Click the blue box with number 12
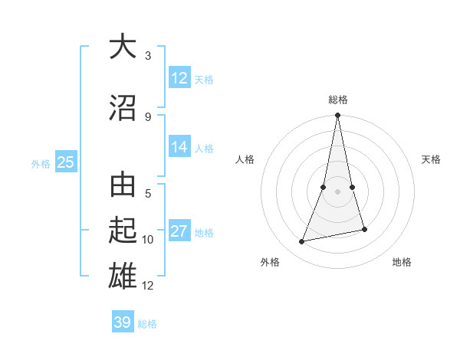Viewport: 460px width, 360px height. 179,78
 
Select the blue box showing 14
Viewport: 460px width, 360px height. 179,148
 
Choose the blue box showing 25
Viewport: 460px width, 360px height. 65,162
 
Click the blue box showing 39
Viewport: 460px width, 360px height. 123,322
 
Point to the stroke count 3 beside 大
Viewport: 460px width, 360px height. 148,57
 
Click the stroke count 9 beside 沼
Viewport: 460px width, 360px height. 148,116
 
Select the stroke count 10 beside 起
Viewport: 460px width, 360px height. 148,240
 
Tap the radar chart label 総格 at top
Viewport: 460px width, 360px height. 338,100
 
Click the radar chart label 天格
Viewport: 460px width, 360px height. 431,159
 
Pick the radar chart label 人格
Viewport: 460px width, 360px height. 245,159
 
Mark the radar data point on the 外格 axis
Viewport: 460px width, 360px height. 302,242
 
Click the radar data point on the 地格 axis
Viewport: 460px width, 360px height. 364,229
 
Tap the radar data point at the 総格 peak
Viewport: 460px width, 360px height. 337,116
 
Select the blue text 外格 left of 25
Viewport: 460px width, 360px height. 40,163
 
